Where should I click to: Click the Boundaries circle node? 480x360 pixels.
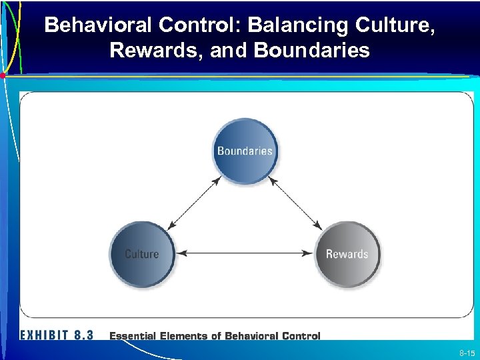click(x=245, y=151)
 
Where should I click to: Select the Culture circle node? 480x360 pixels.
click(x=142, y=254)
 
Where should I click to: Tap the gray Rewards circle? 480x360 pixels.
click(x=347, y=254)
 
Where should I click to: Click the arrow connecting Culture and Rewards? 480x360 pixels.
click(x=245, y=253)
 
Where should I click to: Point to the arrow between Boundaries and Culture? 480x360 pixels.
click(x=194, y=203)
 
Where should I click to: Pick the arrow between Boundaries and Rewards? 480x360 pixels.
click(x=295, y=203)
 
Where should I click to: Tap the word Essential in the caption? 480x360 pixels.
click(x=133, y=336)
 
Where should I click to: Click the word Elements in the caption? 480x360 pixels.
click(x=186, y=336)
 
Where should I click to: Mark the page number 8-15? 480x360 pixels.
click(x=466, y=353)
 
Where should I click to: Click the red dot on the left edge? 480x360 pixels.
click(x=3, y=76)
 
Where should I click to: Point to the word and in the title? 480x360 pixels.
click(x=228, y=51)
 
